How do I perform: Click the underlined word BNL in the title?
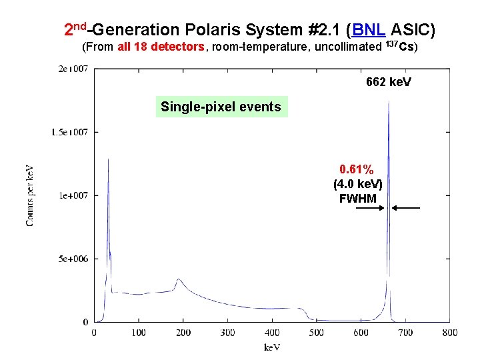click(x=367, y=29)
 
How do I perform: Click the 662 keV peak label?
click(x=389, y=82)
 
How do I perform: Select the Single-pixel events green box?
click(x=221, y=107)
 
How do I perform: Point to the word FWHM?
click(x=357, y=198)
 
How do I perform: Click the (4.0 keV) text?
click(x=357, y=184)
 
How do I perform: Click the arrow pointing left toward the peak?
click(x=406, y=209)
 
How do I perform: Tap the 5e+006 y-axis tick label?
click(x=74, y=259)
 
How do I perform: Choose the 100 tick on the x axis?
click(x=138, y=332)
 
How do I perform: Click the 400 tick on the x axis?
click(x=271, y=332)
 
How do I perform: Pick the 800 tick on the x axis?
click(x=449, y=332)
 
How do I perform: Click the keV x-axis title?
click(x=271, y=347)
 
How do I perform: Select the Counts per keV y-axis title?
click(x=31, y=195)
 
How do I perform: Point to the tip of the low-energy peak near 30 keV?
click(x=108, y=159)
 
